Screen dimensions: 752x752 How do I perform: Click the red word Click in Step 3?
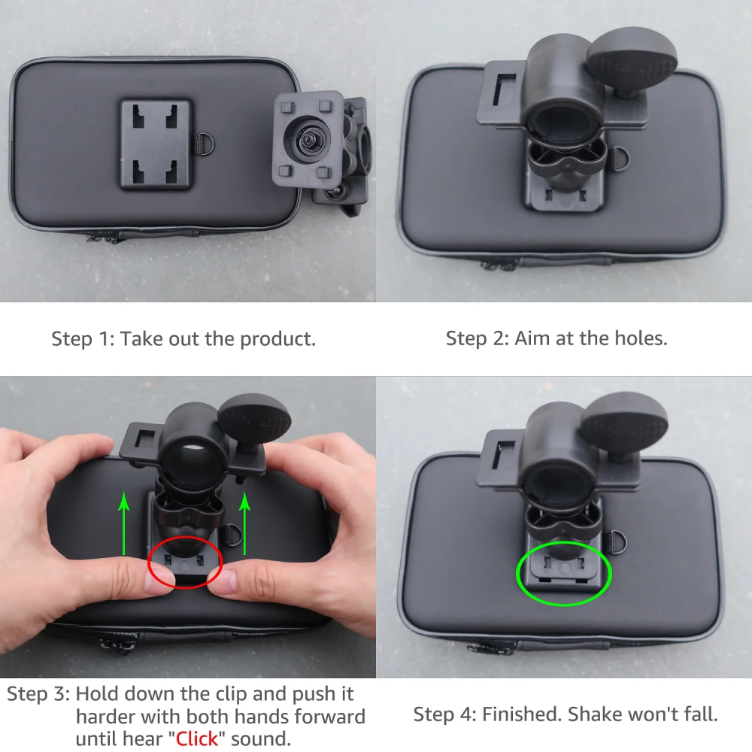point(196,738)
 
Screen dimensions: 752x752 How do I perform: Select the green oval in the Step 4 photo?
point(564,574)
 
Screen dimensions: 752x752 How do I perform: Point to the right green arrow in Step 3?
point(244,519)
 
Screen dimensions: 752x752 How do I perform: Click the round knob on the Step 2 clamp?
point(631,59)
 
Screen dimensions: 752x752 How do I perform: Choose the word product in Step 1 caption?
point(277,338)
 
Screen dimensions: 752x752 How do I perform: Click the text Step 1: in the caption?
point(83,338)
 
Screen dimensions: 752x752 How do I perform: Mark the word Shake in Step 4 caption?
point(596,714)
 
